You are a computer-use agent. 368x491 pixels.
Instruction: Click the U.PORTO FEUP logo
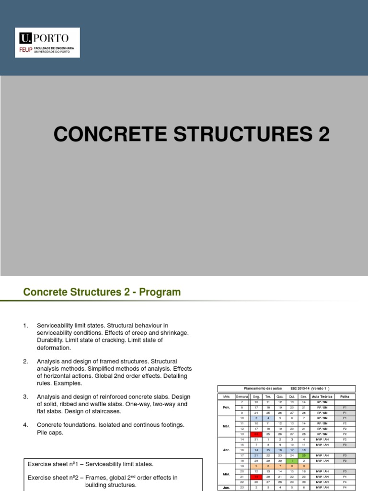[47, 43]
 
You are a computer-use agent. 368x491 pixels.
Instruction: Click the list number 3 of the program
[25, 397]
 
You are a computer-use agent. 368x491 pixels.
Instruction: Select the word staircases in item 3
[103, 411]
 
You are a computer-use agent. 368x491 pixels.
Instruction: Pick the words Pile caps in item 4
[50, 433]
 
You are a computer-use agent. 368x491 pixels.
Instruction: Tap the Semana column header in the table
[242, 397]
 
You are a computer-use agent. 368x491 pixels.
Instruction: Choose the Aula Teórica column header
[322, 397]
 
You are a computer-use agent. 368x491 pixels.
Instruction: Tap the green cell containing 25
[303, 456]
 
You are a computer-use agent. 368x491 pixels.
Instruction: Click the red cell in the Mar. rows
[256, 434]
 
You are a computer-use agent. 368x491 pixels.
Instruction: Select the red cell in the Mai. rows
[256, 477]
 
